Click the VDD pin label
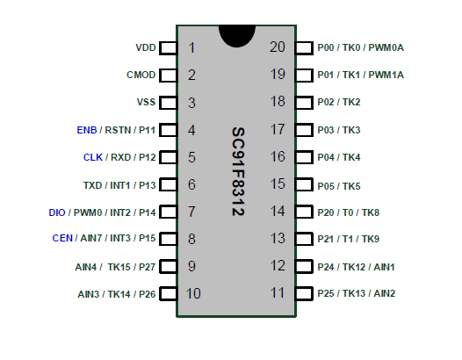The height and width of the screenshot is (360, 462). pyautogui.click(x=146, y=47)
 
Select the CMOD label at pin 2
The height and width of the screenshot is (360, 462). pyautogui.click(x=141, y=75)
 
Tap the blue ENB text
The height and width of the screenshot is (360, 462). pyautogui.click(x=87, y=130)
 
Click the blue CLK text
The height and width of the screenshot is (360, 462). pyautogui.click(x=93, y=157)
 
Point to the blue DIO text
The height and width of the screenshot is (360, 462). pyautogui.click(x=57, y=212)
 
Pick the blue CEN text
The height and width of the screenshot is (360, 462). pyautogui.click(x=62, y=238)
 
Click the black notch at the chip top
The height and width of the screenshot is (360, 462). pyautogui.click(x=237, y=36)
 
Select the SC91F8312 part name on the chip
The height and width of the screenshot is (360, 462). pyautogui.click(x=238, y=172)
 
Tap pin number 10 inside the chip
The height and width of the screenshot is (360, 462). pyautogui.click(x=193, y=294)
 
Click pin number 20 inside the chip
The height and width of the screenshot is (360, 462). pyautogui.click(x=278, y=47)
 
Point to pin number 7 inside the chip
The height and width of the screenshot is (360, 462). pyautogui.click(x=191, y=212)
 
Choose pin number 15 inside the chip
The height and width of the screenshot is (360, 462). pyautogui.click(x=278, y=184)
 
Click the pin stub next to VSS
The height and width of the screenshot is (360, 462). pyautogui.click(x=169, y=103)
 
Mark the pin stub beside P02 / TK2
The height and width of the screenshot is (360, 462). pyautogui.click(x=304, y=103)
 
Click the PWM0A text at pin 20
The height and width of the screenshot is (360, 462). pyautogui.click(x=386, y=47)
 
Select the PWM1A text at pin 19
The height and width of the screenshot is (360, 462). pyautogui.click(x=386, y=75)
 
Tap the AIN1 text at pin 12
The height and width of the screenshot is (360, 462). pyautogui.click(x=384, y=267)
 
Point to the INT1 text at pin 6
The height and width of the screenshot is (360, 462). pyautogui.click(x=120, y=185)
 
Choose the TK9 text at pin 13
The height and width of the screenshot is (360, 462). pyautogui.click(x=371, y=239)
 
